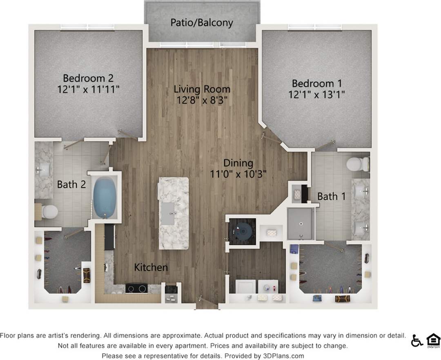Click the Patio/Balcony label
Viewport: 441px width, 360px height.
click(201, 22)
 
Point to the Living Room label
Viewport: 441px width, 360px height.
click(202, 89)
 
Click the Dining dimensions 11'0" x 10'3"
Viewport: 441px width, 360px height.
click(238, 174)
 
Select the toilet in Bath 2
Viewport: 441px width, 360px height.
click(48, 212)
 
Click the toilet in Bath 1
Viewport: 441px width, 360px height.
click(358, 164)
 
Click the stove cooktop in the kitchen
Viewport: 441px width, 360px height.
click(137, 288)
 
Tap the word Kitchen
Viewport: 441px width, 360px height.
click(151, 268)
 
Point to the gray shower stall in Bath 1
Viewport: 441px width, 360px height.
click(301, 224)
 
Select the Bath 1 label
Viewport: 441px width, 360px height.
click(332, 197)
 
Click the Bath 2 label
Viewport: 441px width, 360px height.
click(71, 184)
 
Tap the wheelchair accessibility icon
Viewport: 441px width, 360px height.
click(416, 340)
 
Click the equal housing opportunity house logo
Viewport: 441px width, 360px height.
click(433, 340)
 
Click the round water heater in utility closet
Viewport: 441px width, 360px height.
click(243, 232)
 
